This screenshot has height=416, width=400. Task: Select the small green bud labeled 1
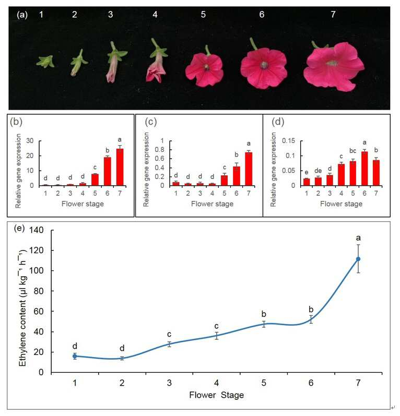click(45, 62)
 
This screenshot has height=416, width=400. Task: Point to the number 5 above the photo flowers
click(203, 14)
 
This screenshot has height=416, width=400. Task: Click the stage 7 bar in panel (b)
click(120, 167)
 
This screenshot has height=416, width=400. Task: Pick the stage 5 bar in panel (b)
click(95, 180)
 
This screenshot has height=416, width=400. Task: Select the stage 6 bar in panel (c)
click(236, 176)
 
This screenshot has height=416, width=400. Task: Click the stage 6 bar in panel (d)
click(364, 169)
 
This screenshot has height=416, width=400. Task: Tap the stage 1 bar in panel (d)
click(307, 182)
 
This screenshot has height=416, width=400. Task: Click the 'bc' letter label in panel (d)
click(353, 151)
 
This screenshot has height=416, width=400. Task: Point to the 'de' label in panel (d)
click(318, 171)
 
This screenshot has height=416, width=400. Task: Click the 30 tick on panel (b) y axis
click(30, 141)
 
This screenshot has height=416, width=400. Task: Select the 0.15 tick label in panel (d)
click(288, 141)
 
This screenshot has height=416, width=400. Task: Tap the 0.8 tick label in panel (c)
click(159, 150)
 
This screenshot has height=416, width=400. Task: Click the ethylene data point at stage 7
click(358, 259)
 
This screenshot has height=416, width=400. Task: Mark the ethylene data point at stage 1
click(75, 356)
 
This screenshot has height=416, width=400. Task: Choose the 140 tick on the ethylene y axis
click(36, 230)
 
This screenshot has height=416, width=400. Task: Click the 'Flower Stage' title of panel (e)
click(216, 395)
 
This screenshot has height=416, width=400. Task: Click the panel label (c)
click(151, 122)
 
